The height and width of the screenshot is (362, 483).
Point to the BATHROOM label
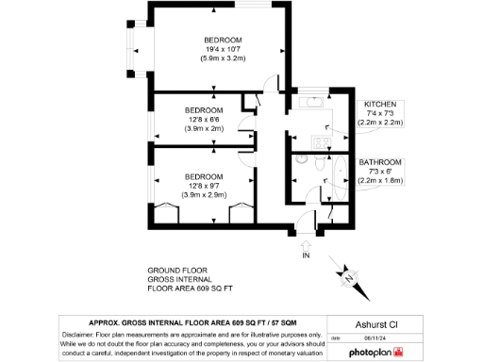[380, 162]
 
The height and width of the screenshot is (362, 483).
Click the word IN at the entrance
[306, 255]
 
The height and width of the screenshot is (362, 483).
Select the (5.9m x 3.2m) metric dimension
[223, 58]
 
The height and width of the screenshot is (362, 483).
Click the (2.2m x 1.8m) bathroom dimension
[380, 179]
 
